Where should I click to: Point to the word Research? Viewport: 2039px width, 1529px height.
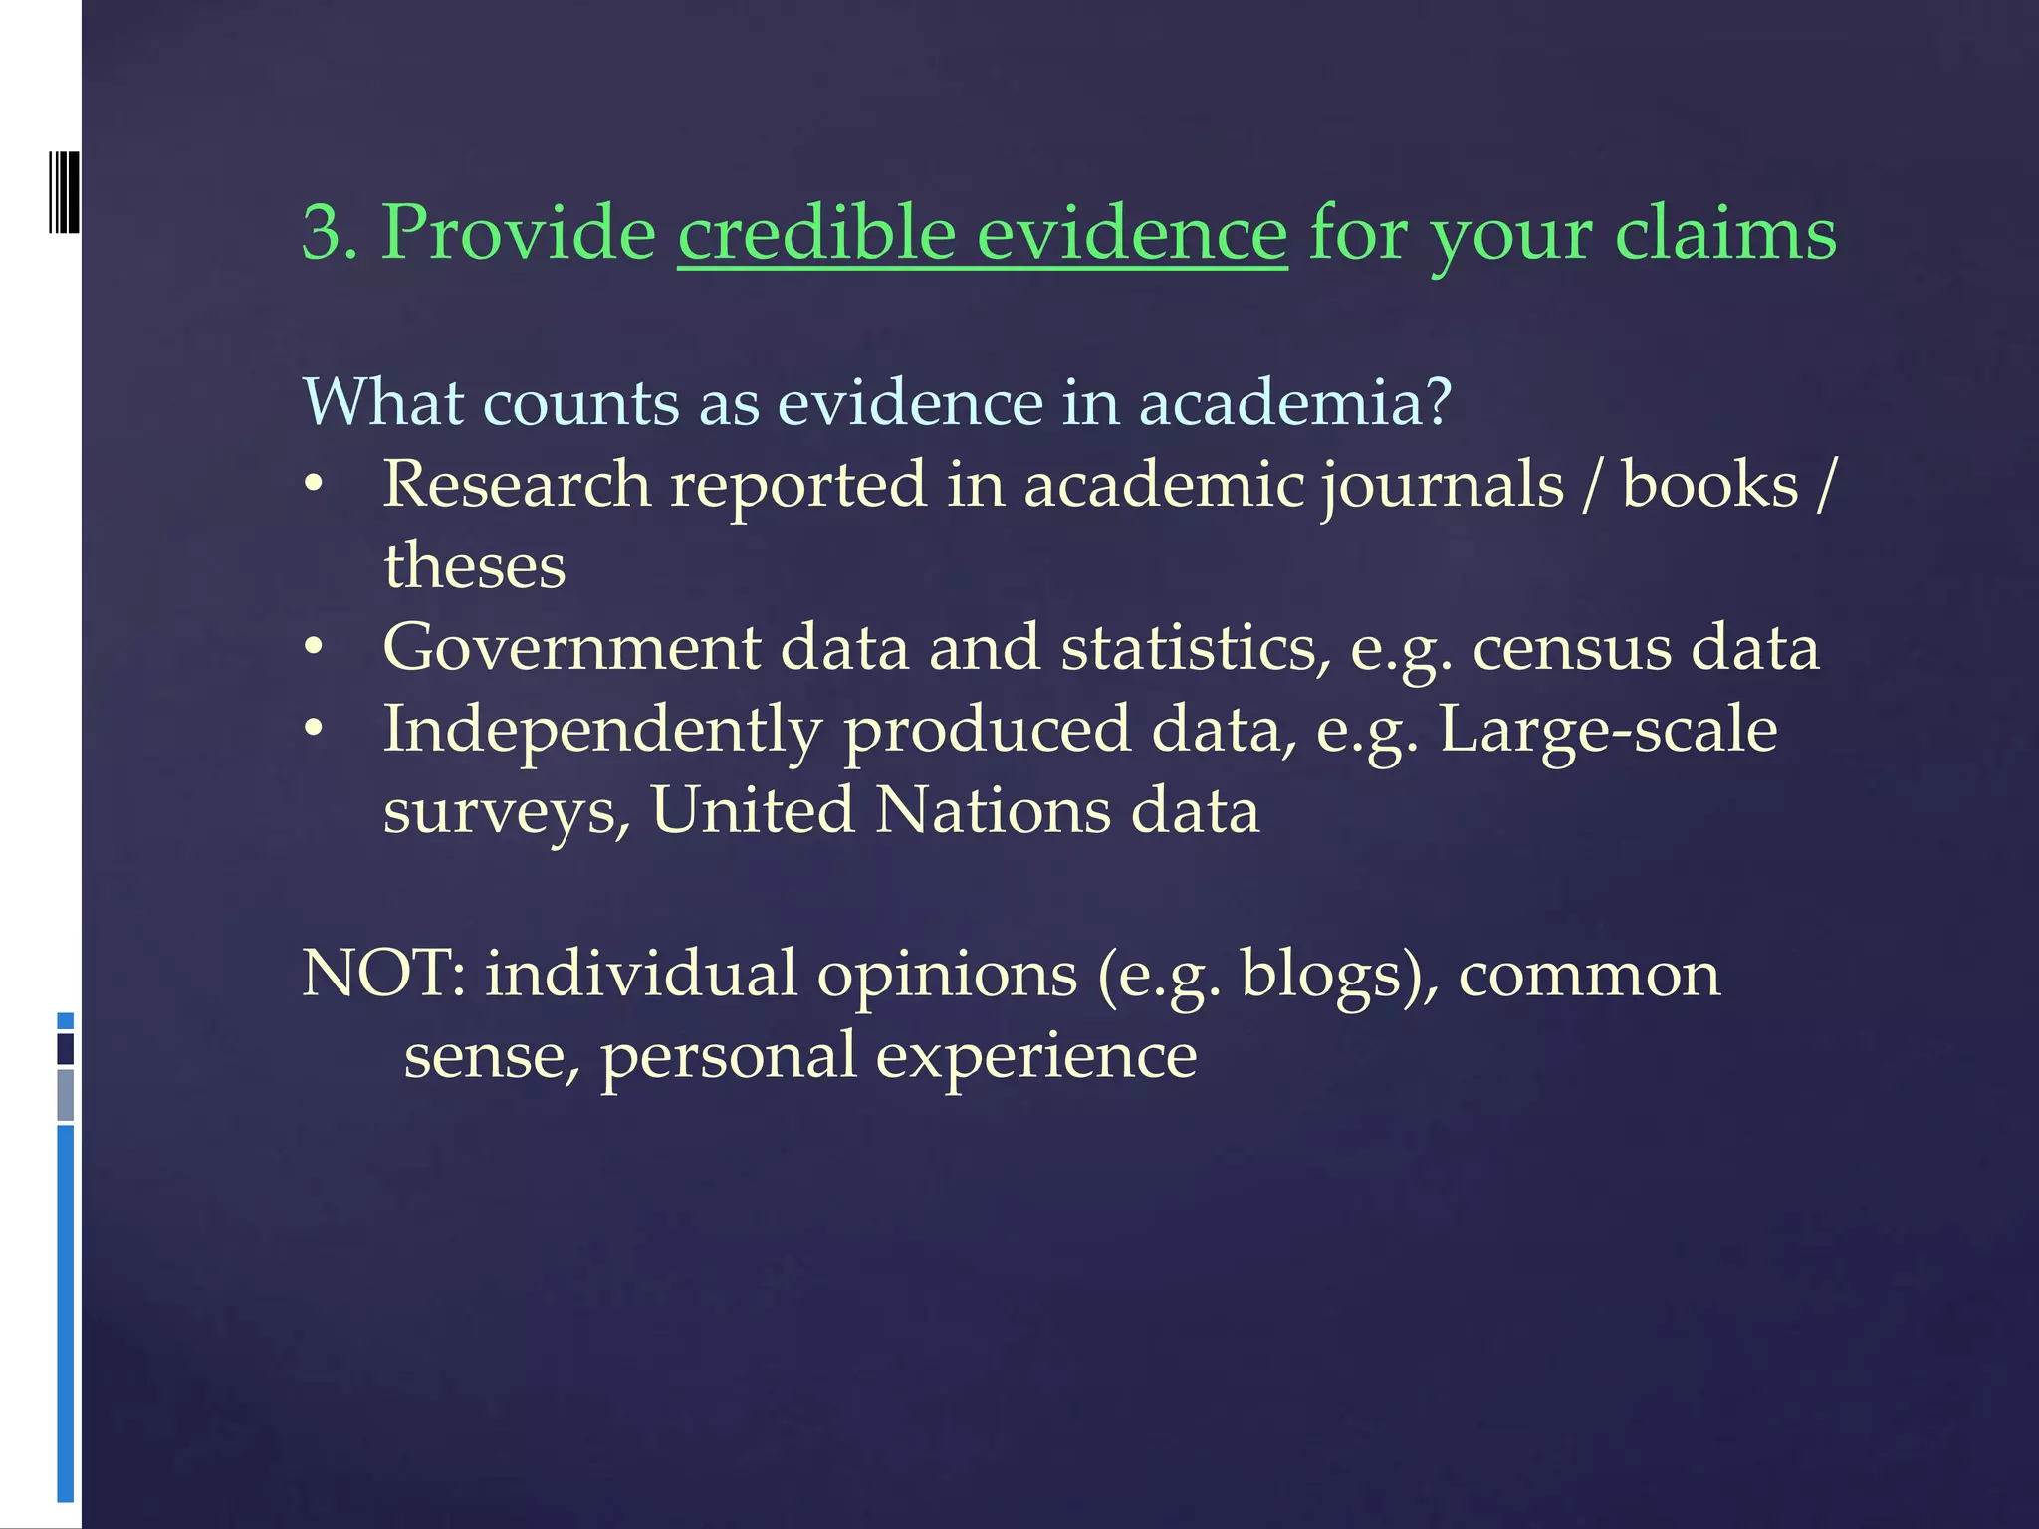pos(516,485)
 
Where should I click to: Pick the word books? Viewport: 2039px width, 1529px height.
pos(1709,485)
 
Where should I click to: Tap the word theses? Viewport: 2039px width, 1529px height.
pos(474,566)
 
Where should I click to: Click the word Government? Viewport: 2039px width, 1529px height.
pos(570,648)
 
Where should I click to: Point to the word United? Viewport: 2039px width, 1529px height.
pos(753,810)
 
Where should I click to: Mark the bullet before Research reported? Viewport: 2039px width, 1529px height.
pos(314,486)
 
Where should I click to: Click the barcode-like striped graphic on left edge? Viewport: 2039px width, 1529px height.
pos(63,192)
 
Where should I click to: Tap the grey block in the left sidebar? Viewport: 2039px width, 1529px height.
pos(65,1095)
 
